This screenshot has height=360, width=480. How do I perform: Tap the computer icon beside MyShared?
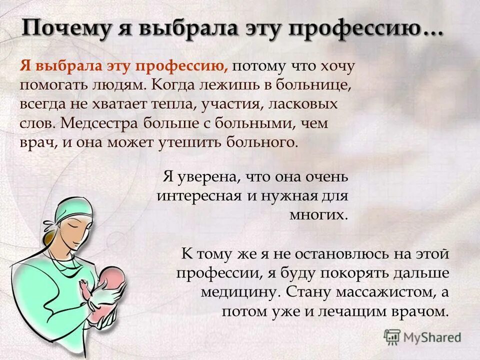pos(392,337)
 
